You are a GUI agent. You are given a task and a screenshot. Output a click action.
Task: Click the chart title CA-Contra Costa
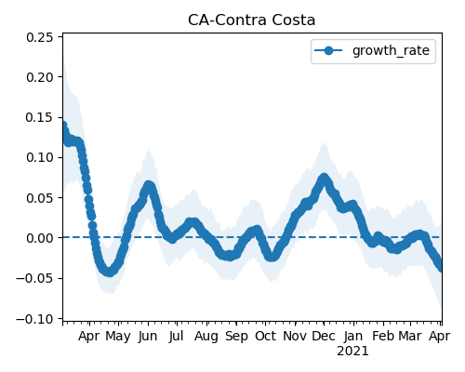[x=251, y=20]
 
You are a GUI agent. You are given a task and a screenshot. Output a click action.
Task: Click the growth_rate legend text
[x=391, y=50]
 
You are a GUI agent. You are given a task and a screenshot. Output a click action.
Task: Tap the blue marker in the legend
[x=328, y=50]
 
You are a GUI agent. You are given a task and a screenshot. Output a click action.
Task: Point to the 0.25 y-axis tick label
[x=40, y=37]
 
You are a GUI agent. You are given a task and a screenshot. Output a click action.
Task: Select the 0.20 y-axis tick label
[x=40, y=77]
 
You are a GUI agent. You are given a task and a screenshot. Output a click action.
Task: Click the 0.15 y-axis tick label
[x=40, y=118]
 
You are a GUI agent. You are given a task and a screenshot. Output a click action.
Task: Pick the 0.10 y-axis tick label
[x=40, y=158]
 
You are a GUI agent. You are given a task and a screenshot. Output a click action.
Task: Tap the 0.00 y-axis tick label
[x=40, y=238]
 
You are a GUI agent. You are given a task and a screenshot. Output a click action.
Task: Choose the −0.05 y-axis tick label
[x=34, y=278]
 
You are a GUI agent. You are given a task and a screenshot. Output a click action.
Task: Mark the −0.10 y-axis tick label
[x=34, y=319]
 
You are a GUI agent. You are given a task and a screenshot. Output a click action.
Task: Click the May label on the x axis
[x=118, y=337]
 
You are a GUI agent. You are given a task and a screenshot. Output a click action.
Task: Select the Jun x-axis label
[x=148, y=337]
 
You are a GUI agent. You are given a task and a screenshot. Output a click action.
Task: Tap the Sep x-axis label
[x=236, y=337]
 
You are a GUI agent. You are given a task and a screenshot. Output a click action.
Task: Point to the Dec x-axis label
[x=324, y=337]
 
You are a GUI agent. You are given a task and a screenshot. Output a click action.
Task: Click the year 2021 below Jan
[x=352, y=352]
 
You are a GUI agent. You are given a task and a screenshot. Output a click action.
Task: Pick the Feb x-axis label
[x=383, y=337]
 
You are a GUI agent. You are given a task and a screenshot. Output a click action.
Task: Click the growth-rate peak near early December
[x=324, y=179]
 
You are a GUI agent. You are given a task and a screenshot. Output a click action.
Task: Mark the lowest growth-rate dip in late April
[x=109, y=272]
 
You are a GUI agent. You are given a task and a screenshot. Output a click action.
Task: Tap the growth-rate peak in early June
[x=149, y=186]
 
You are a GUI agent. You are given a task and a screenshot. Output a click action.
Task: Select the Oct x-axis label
[x=265, y=337]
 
